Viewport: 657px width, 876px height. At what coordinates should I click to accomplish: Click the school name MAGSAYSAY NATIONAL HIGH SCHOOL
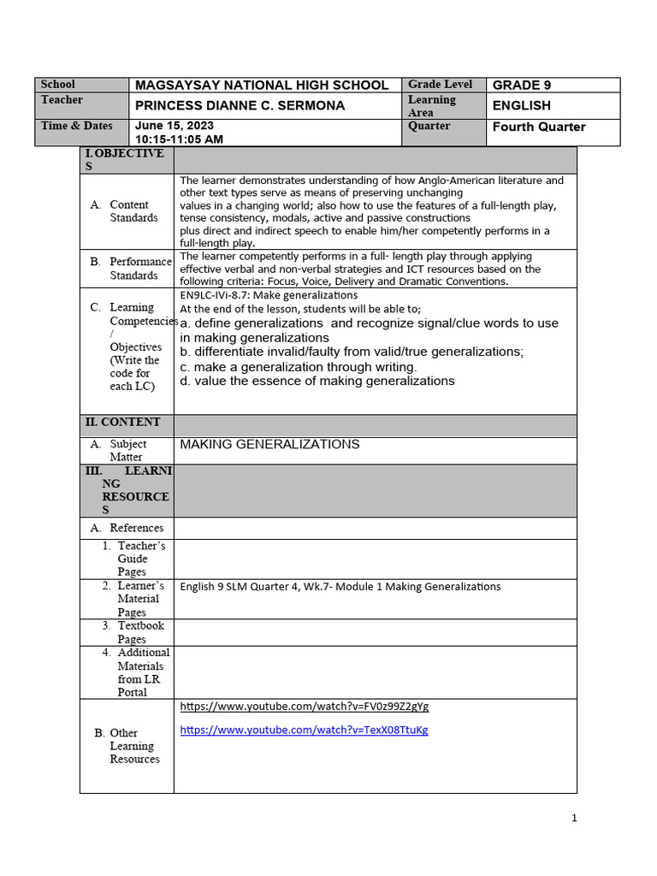coord(262,86)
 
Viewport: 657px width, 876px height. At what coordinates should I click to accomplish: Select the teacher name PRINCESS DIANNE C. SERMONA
coord(240,106)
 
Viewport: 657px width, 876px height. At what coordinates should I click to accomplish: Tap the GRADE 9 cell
coord(517,86)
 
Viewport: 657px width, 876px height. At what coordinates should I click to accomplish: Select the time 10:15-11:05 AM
coord(179,139)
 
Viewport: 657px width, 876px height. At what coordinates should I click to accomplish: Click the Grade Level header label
coord(441,85)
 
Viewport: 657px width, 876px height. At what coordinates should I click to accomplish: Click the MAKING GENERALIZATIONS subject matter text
coord(269,444)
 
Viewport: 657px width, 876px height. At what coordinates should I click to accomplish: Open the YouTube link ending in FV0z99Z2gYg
coord(304,707)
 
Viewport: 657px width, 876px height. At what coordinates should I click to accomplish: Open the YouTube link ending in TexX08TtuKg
coord(304,730)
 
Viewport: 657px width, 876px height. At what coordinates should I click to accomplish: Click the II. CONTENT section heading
coord(121,422)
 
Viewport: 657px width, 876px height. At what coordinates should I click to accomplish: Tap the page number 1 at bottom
coord(574,818)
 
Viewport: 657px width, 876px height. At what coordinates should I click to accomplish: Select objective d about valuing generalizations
coord(317,382)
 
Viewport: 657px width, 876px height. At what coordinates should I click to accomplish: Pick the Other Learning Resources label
coord(133,746)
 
